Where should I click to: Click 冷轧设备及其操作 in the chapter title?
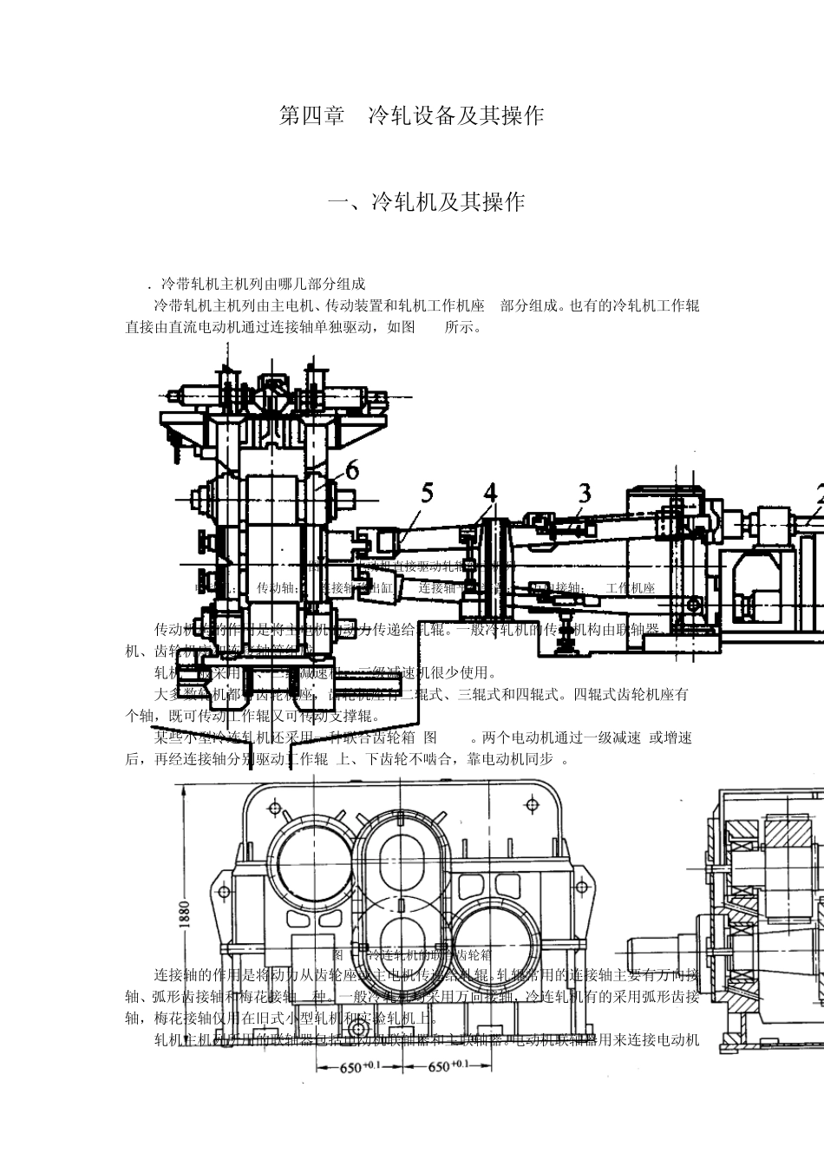point(456,116)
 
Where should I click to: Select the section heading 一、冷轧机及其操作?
point(426,202)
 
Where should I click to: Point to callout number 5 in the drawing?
point(427,493)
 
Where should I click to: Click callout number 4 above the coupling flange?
point(491,493)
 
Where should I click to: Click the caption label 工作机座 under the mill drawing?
point(631,587)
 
